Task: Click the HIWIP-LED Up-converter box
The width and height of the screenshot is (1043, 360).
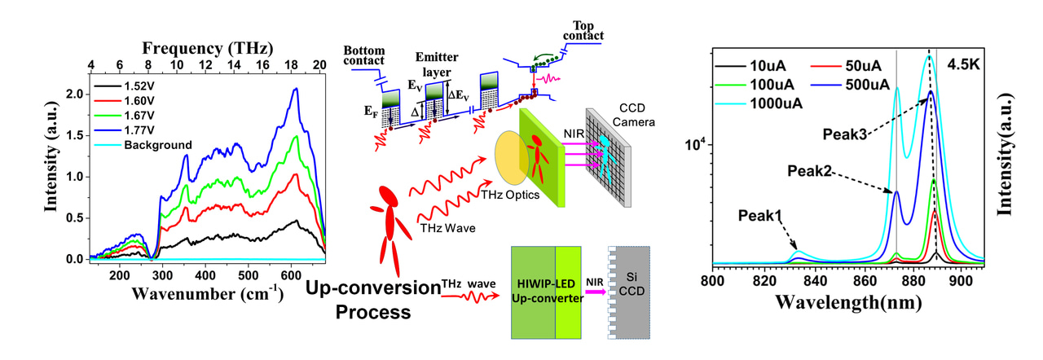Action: (554, 292)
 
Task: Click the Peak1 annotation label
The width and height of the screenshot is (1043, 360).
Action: (759, 216)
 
